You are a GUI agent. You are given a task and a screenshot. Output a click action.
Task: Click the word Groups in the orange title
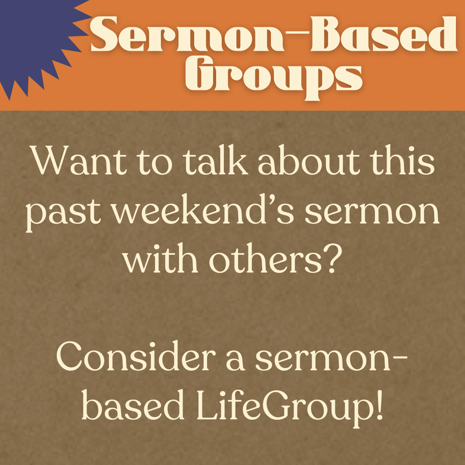tap(274, 78)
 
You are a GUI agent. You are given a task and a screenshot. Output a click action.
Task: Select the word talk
tap(215, 160)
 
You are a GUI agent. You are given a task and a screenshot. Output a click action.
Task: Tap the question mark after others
tap(333, 259)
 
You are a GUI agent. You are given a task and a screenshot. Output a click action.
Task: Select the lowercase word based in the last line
tap(132, 404)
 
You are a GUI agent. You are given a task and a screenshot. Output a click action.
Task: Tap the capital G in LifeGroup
tap(275, 405)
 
